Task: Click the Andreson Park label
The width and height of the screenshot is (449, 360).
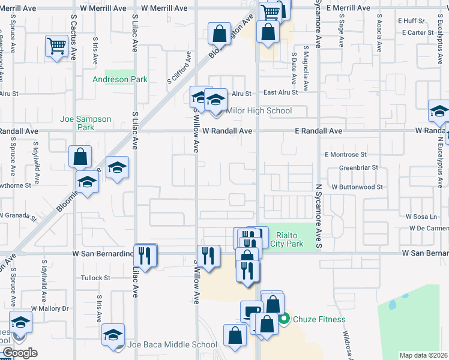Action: [120, 79]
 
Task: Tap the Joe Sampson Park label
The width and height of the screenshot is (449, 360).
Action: [86, 123]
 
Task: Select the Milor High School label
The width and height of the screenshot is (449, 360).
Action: [258, 110]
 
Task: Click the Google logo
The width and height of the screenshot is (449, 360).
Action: [19, 353]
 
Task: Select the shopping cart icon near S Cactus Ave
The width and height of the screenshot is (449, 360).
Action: [56, 45]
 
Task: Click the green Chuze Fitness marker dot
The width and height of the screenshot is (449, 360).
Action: [286, 319]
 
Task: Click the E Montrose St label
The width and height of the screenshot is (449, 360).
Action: [345, 155]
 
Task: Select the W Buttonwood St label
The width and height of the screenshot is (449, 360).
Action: [358, 187]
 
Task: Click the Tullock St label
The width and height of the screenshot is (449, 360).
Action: [96, 278]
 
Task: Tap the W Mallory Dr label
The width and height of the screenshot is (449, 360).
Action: [50, 308]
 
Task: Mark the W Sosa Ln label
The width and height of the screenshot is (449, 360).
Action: [420, 216]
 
